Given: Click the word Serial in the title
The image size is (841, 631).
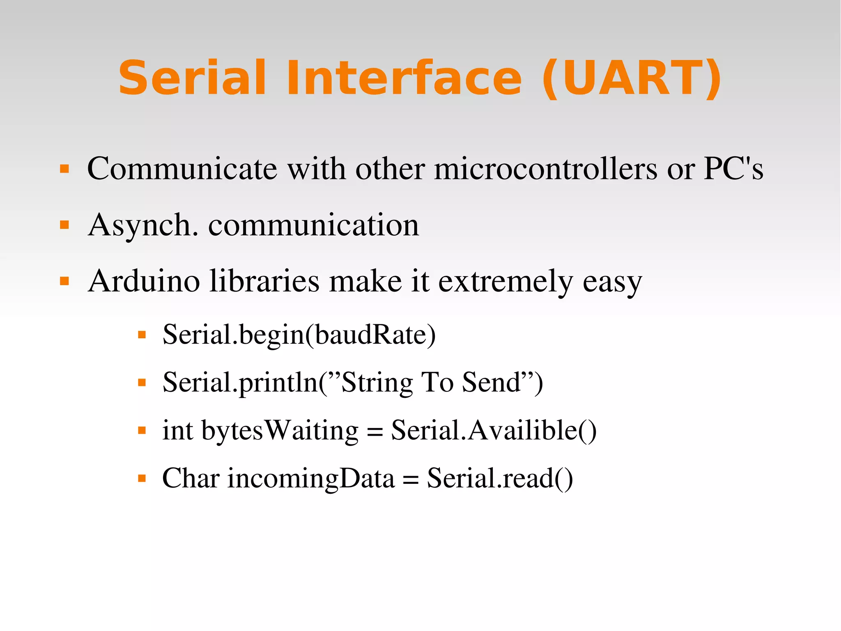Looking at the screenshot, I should (x=192, y=78).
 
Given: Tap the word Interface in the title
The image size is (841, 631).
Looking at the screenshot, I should (x=404, y=78).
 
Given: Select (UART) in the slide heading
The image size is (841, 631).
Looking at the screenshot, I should (x=632, y=78).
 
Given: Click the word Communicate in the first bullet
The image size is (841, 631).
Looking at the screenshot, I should (x=182, y=169).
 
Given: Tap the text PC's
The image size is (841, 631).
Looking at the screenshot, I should (x=733, y=169).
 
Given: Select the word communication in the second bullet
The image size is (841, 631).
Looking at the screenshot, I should (x=314, y=225).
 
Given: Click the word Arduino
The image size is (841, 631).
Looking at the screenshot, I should (x=144, y=281).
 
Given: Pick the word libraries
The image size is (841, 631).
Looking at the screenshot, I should (x=264, y=281).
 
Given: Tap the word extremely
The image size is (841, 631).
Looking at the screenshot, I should (x=506, y=281).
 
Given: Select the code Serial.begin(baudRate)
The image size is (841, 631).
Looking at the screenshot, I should (x=299, y=335).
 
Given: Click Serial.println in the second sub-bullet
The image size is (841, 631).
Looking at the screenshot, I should (x=240, y=383).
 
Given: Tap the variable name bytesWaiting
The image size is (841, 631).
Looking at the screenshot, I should (x=280, y=431).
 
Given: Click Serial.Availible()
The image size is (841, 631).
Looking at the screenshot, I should (x=494, y=431).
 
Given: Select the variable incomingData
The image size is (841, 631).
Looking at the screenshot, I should (x=311, y=478).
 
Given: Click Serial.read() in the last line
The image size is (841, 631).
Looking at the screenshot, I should (x=500, y=478).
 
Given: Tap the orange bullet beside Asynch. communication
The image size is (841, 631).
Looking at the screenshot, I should (x=64, y=225).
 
